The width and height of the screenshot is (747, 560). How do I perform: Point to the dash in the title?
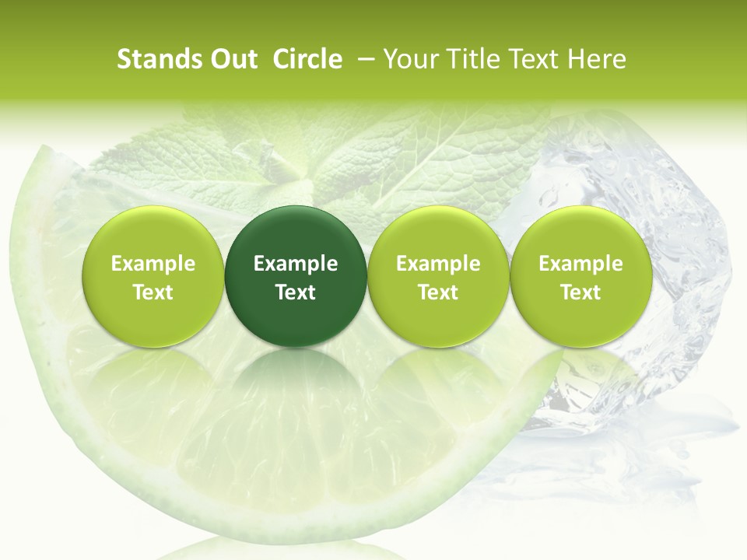pyautogui.click(x=363, y=59)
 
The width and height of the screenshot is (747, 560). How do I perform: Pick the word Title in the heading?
pyautogui.click(x=469, y=59)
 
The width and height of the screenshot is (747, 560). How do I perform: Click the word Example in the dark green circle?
pyautogui.click(x=296, y=264)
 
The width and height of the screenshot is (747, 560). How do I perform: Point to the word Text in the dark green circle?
pyautogui.click(x=296, y=292)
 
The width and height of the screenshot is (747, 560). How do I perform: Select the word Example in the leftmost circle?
pyautogui.click(x=153, y=264)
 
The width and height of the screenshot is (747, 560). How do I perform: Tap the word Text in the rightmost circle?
pyautogui.click(x=580, y=292)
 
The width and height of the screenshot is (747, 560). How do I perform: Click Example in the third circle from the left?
pyautogui.click(x=438, y=264)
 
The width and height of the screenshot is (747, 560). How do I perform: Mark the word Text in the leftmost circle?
pyautogui.click(x=153, y=292)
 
